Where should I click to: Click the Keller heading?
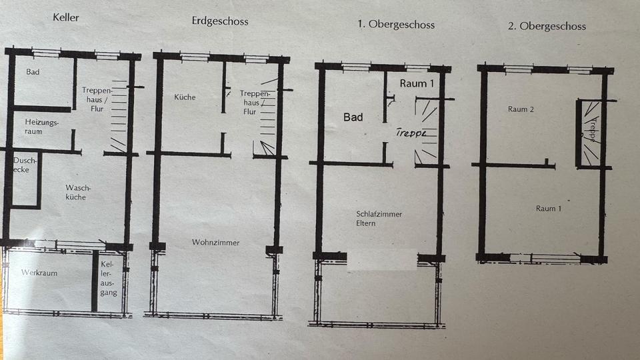click(66, 17)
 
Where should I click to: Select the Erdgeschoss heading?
click(219, 21)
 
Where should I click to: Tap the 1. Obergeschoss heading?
click(395, 25)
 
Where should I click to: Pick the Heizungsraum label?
click(42, 127)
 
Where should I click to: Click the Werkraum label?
click(39, 273)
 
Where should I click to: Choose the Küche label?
click(185, 97)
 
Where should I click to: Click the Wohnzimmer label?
click(215, 243)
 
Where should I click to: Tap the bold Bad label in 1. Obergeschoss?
click(353, 117)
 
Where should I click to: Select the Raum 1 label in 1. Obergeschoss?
click(417, 83)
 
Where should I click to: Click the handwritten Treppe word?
click(411, 132)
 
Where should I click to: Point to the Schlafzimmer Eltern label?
click(379, 219)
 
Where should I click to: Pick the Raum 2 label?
click(521, 109)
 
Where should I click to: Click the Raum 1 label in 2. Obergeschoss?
click(549, 209)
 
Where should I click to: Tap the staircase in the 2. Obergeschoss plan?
click(590, 132)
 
